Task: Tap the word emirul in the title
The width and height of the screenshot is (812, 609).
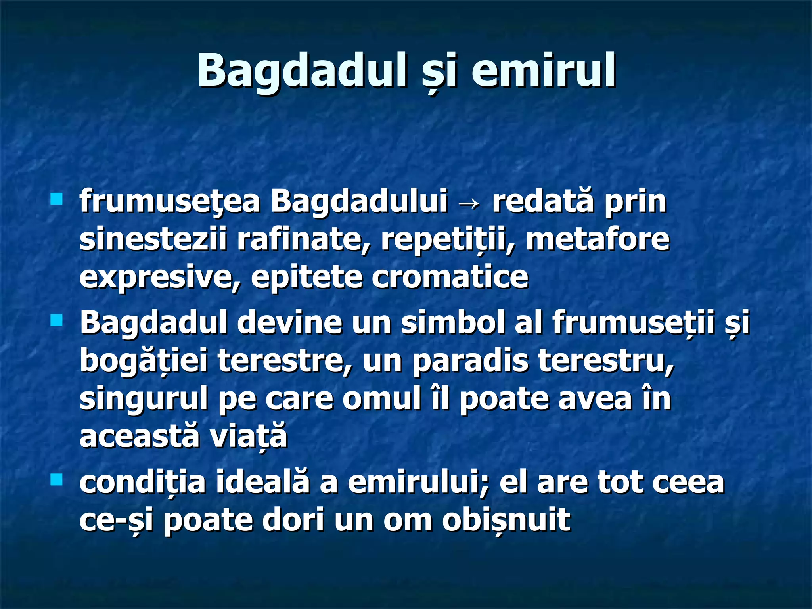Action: coord(543,70)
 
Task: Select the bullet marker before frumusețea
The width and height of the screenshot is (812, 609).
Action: coord(57,198)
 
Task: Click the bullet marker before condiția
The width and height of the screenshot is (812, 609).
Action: coord(57,480)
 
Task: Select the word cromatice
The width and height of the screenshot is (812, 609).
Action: coord(450,277)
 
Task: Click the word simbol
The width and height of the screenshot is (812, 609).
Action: coord(452,322)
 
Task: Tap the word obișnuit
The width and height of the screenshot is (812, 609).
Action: coord(506,520)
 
